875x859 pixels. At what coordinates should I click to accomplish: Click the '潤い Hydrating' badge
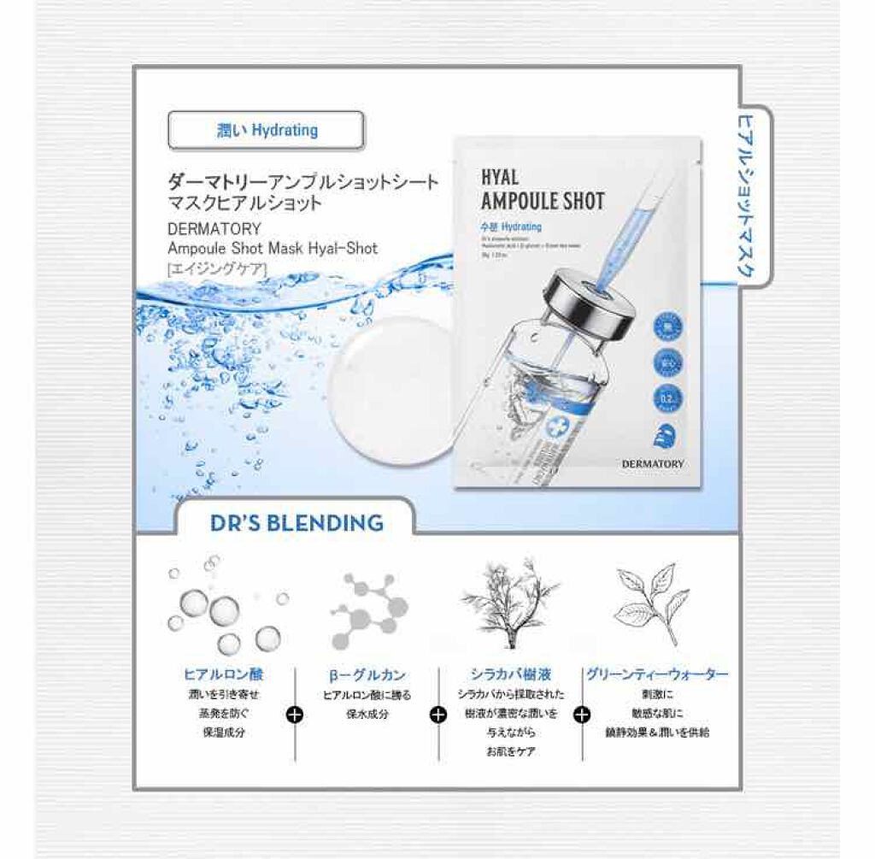[x=267, y=131]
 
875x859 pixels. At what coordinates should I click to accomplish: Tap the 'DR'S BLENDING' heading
[x=297, y=522]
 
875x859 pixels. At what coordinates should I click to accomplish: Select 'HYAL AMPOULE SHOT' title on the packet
[x=542, y=190]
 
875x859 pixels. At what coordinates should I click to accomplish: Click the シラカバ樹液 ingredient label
[x=509, y=674]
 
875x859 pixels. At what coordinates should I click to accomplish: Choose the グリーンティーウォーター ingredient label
[x=657, y=674]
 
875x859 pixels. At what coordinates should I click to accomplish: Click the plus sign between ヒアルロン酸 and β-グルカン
[x=295, y=715]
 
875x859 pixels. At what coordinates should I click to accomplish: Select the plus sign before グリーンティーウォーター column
[x=583, y=715]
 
